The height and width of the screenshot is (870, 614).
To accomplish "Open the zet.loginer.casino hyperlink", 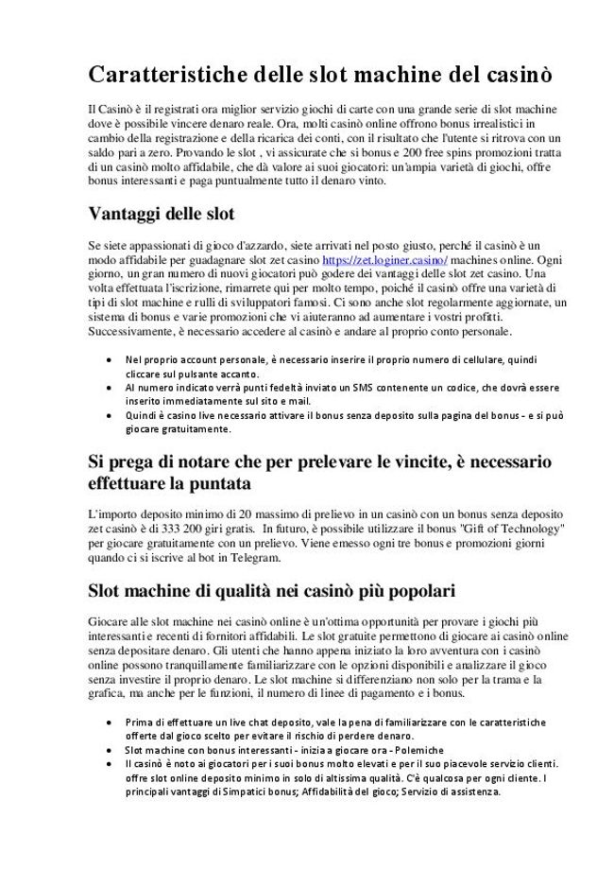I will pyautogui.click(x=385, y=258).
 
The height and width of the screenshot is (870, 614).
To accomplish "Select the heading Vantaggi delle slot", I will pyautogui.click(x=162, y=212).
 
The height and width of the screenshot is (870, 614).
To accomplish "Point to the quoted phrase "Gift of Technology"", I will pyautogui.click(x=511, y=526).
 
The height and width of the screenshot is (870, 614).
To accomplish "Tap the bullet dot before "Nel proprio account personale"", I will pyautogui.click(x=111, y=360).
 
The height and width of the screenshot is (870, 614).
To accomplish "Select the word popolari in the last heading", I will pyautogui.click(x=414, y=592).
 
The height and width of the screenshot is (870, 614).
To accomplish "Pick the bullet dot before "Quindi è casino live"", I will pyautogui.click(x=111, y=414).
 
